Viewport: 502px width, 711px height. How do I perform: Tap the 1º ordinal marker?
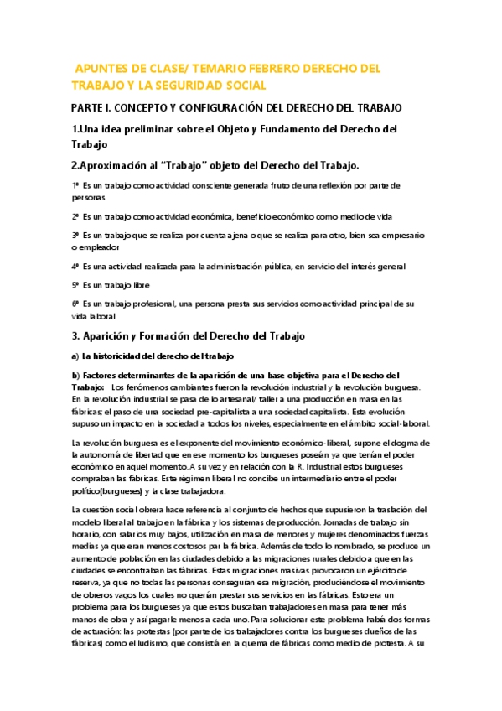pos(75,184)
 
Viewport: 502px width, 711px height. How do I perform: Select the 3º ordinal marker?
pos(75,236)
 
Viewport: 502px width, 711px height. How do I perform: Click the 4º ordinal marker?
pos(75,267)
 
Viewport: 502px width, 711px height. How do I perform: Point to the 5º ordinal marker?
pos(75,285)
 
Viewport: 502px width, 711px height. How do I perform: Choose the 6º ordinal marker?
pos(75,304)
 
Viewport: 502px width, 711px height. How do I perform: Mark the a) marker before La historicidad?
pos(75,356)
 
